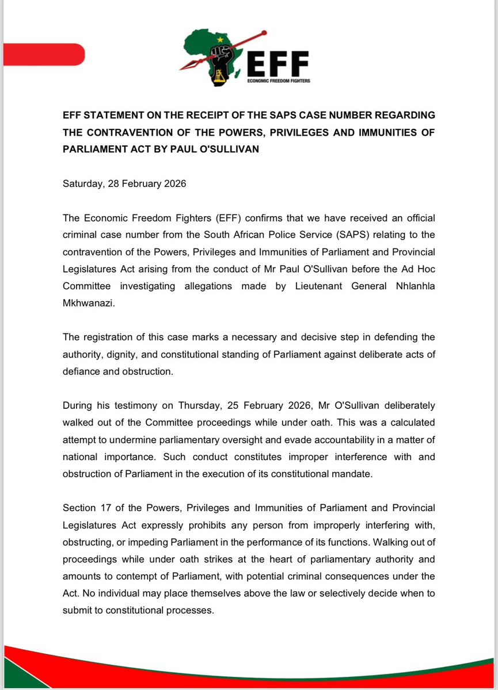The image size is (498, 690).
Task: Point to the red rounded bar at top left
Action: click(x=44, y=55)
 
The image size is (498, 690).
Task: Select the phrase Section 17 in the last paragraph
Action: click(x=85, y=508)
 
